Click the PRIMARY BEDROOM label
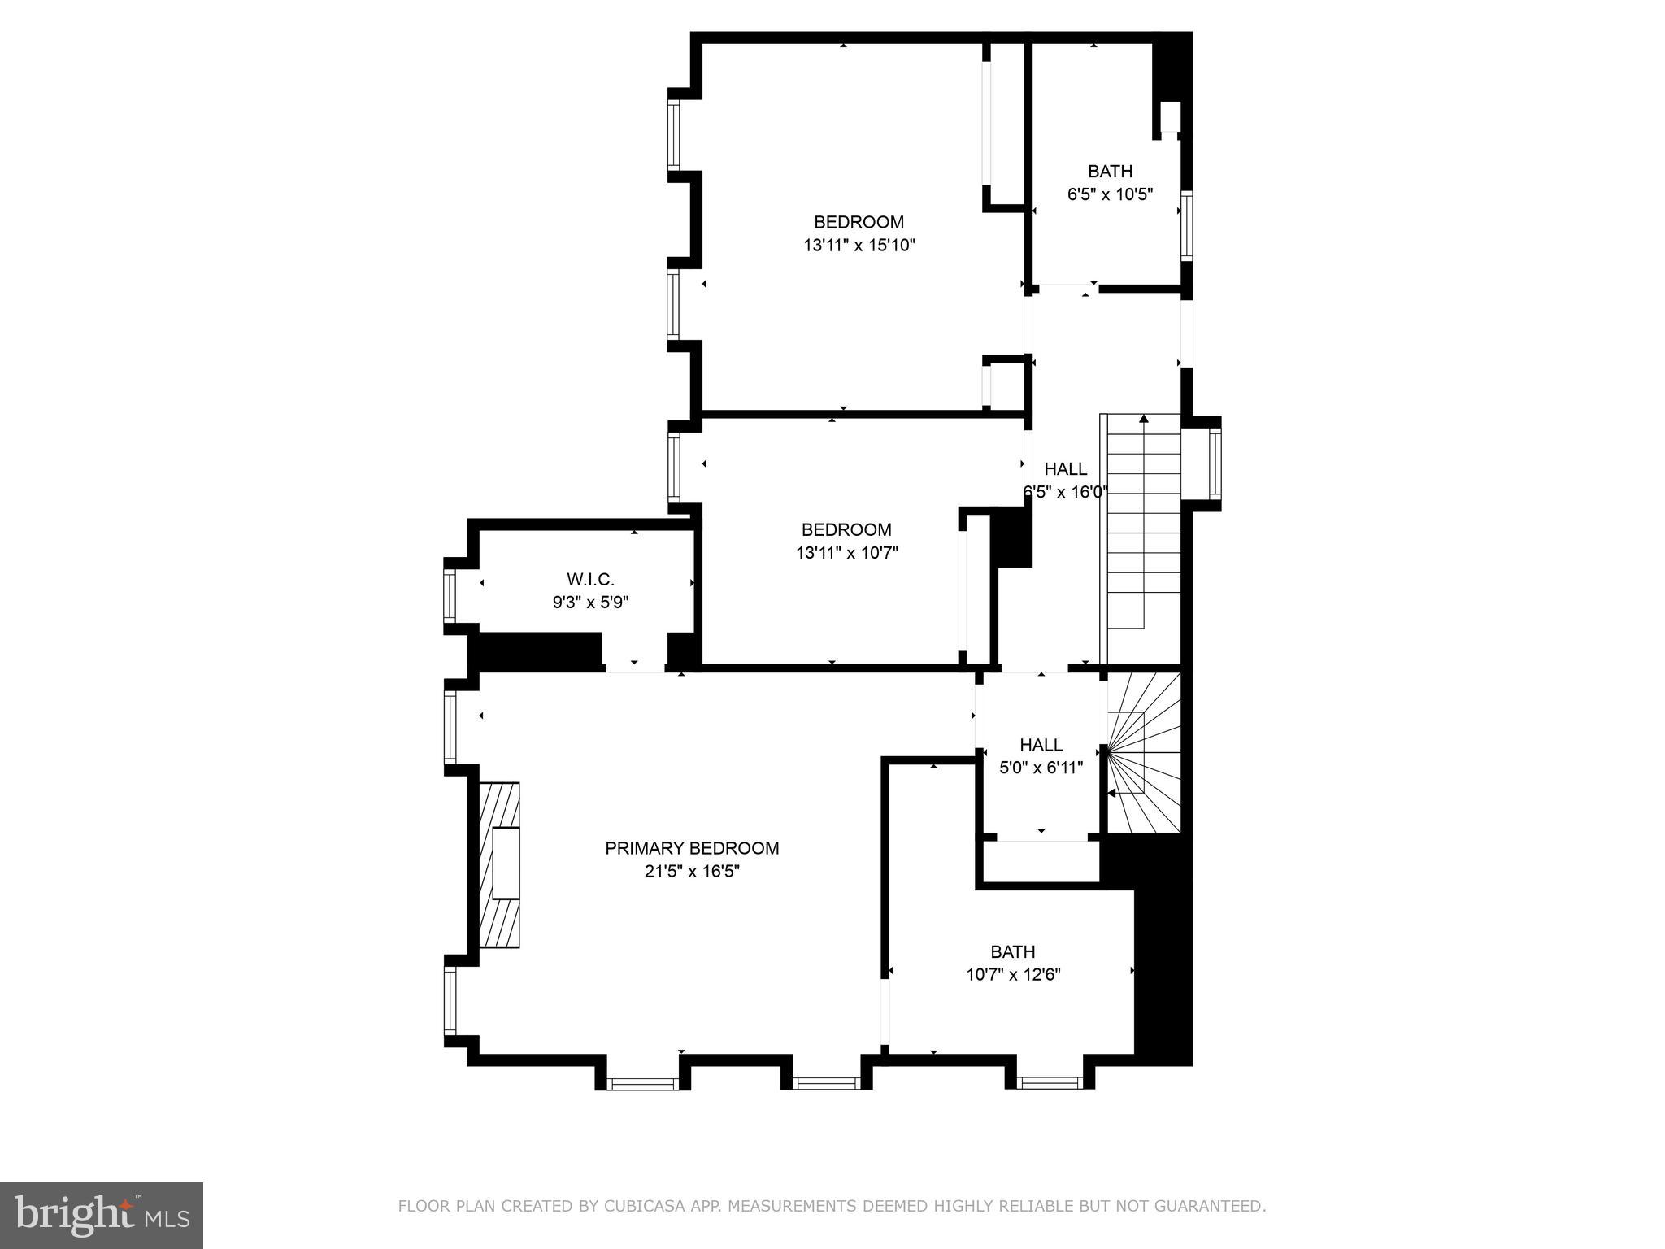[x=692, y=848]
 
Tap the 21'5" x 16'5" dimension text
[x=692, y=872]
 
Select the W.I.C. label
[x=590, y=579]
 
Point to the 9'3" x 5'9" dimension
[x=590, y=603]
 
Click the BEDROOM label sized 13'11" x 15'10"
[x=859, y=222]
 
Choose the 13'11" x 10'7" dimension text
[x=846, y=554]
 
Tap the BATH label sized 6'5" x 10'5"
[x=1110, y=171]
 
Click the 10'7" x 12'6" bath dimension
[x=1013, y=974]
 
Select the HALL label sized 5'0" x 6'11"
[x=1041, y=745]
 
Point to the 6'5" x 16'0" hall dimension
[x=1065, y=492]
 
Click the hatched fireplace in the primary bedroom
[x=498, y=864]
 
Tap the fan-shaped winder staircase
[x=1143, y=752]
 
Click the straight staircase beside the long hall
[x=1143, y=529]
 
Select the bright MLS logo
[x=102, y=1215]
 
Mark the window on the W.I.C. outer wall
[x=449, y=596]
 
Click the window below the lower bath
[x=1050, y=1082]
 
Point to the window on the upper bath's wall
[x=1186, y=225]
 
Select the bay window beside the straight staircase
[x=1215, y=463]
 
